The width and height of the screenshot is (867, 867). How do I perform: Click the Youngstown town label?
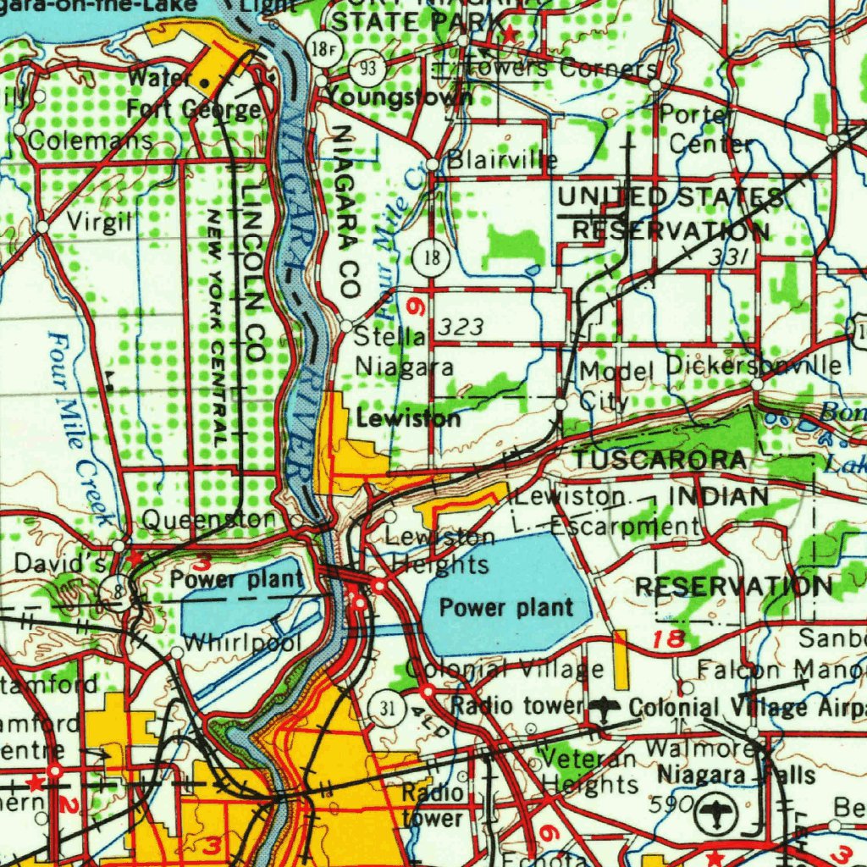[399, 96]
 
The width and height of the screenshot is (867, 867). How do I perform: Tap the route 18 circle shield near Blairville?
[432, 257]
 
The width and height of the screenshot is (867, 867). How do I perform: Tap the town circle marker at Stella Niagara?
[346, 326]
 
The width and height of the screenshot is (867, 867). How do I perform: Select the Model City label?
[618, 385]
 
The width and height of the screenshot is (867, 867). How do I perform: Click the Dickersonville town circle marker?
[757, 385]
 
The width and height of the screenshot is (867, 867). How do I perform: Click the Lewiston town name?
[409, 418]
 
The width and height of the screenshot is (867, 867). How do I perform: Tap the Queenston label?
[208, 519]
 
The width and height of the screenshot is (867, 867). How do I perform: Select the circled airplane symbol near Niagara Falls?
[716, 815]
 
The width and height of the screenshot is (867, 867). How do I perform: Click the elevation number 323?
[462, 328]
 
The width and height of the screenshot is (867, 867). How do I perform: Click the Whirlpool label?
[242, 643]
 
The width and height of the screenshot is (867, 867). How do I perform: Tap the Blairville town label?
[502, 160]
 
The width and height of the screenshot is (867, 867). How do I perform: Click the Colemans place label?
[90, 141]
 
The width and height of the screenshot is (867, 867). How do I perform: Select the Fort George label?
[194, 109]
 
